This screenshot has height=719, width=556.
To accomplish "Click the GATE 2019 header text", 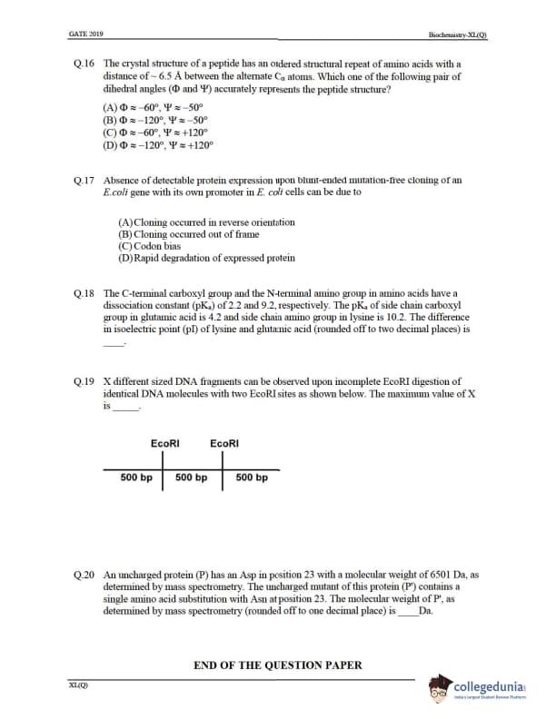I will pyautogui.click(x=85, y=34).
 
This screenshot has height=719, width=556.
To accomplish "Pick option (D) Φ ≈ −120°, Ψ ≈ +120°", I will pyautogui.click(x=159, y=143).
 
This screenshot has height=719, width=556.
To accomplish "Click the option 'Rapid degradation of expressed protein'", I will pyautogui.click(x=206, y=258).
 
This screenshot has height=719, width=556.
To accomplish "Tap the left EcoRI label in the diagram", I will pyautogui.click(x=164, y=443).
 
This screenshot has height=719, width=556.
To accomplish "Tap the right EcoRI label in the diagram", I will pyautogui.click(x=224, y=443).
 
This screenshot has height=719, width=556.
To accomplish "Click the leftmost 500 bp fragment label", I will pyautogui.click(x=136, y=478).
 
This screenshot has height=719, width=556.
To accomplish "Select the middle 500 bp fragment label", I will pyautogui.click(x=192, y=478).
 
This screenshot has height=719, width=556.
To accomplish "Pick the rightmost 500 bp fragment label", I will pyautogui.click(x=252, y=478).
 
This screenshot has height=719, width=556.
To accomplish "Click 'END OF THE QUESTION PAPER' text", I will pyautogui.click(x=278, y=665).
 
